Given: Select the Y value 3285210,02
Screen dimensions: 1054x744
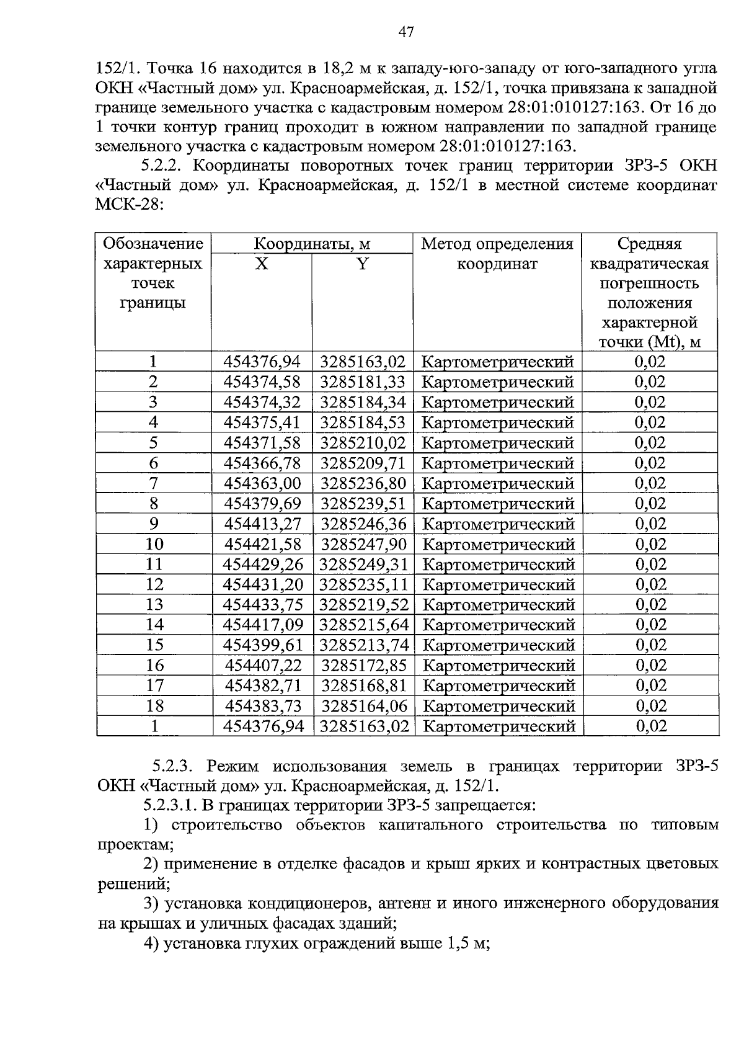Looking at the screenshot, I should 363,443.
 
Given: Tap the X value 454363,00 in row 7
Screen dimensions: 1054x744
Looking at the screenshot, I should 262,483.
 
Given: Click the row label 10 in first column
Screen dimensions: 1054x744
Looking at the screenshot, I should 154,544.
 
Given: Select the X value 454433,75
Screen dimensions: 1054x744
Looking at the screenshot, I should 262,604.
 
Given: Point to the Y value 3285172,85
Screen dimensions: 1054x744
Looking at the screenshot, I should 363,665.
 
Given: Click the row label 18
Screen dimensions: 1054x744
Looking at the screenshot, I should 154,705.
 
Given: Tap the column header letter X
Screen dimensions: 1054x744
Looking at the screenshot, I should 262,264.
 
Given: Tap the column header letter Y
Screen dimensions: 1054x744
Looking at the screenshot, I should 363,264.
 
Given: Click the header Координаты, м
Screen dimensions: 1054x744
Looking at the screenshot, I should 312,244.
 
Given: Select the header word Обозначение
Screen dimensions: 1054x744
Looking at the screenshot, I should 153,243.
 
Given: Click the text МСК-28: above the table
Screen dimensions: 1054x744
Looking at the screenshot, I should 129,205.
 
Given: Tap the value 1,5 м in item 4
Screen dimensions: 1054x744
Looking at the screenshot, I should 466,944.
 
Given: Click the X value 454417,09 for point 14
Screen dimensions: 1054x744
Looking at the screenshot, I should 262,625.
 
